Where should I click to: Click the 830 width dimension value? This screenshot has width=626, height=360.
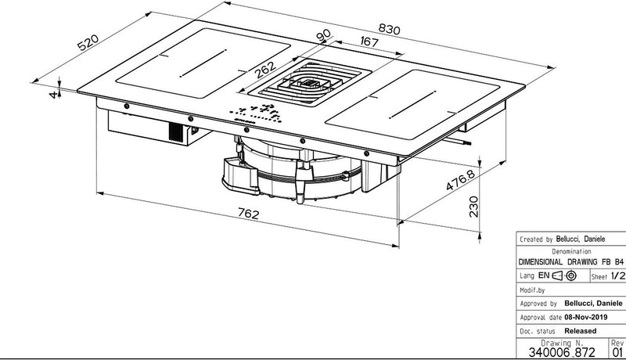pyautogui.click(x=389, y=29)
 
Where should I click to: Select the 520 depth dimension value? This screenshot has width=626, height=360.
pyautogui.click(x=88, y=43)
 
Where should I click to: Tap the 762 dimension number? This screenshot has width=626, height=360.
pyautogui.click(x=248, y=214)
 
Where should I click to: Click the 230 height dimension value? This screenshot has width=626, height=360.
pyautogui.click(x=473, y=207)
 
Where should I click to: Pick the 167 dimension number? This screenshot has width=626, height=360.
pyautogui.click(x=369, y=41)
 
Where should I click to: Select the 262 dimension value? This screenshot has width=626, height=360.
pyautogui.click(x=265, y=70)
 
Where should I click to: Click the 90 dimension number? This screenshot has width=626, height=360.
pyautogui.click(x=323, y=35)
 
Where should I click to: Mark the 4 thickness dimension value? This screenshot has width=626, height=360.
pyautogui.click(x=53, y=95)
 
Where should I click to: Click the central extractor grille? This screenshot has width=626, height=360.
pyautogui.click(x=310, y=82)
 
